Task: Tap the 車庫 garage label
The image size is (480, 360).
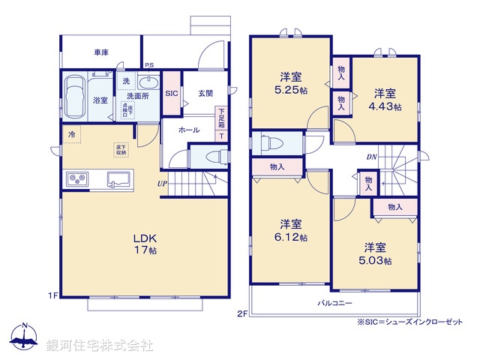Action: [101, 52]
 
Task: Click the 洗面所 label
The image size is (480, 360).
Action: [137, 96]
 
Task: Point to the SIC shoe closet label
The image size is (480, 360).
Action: [171, 93]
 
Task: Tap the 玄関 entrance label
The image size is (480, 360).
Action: [205, 93]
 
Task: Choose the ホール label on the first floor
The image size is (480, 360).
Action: [189, 130]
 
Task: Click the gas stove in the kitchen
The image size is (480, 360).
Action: [78, 178]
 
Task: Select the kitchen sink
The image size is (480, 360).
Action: [119, 180]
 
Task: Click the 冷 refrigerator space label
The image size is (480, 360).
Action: [72, 135]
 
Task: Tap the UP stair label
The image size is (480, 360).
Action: [162, 184]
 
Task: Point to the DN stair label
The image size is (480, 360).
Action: [371, 157]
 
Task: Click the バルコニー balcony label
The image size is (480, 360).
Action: [335, 302]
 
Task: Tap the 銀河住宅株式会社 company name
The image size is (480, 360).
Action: [100, 345]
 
